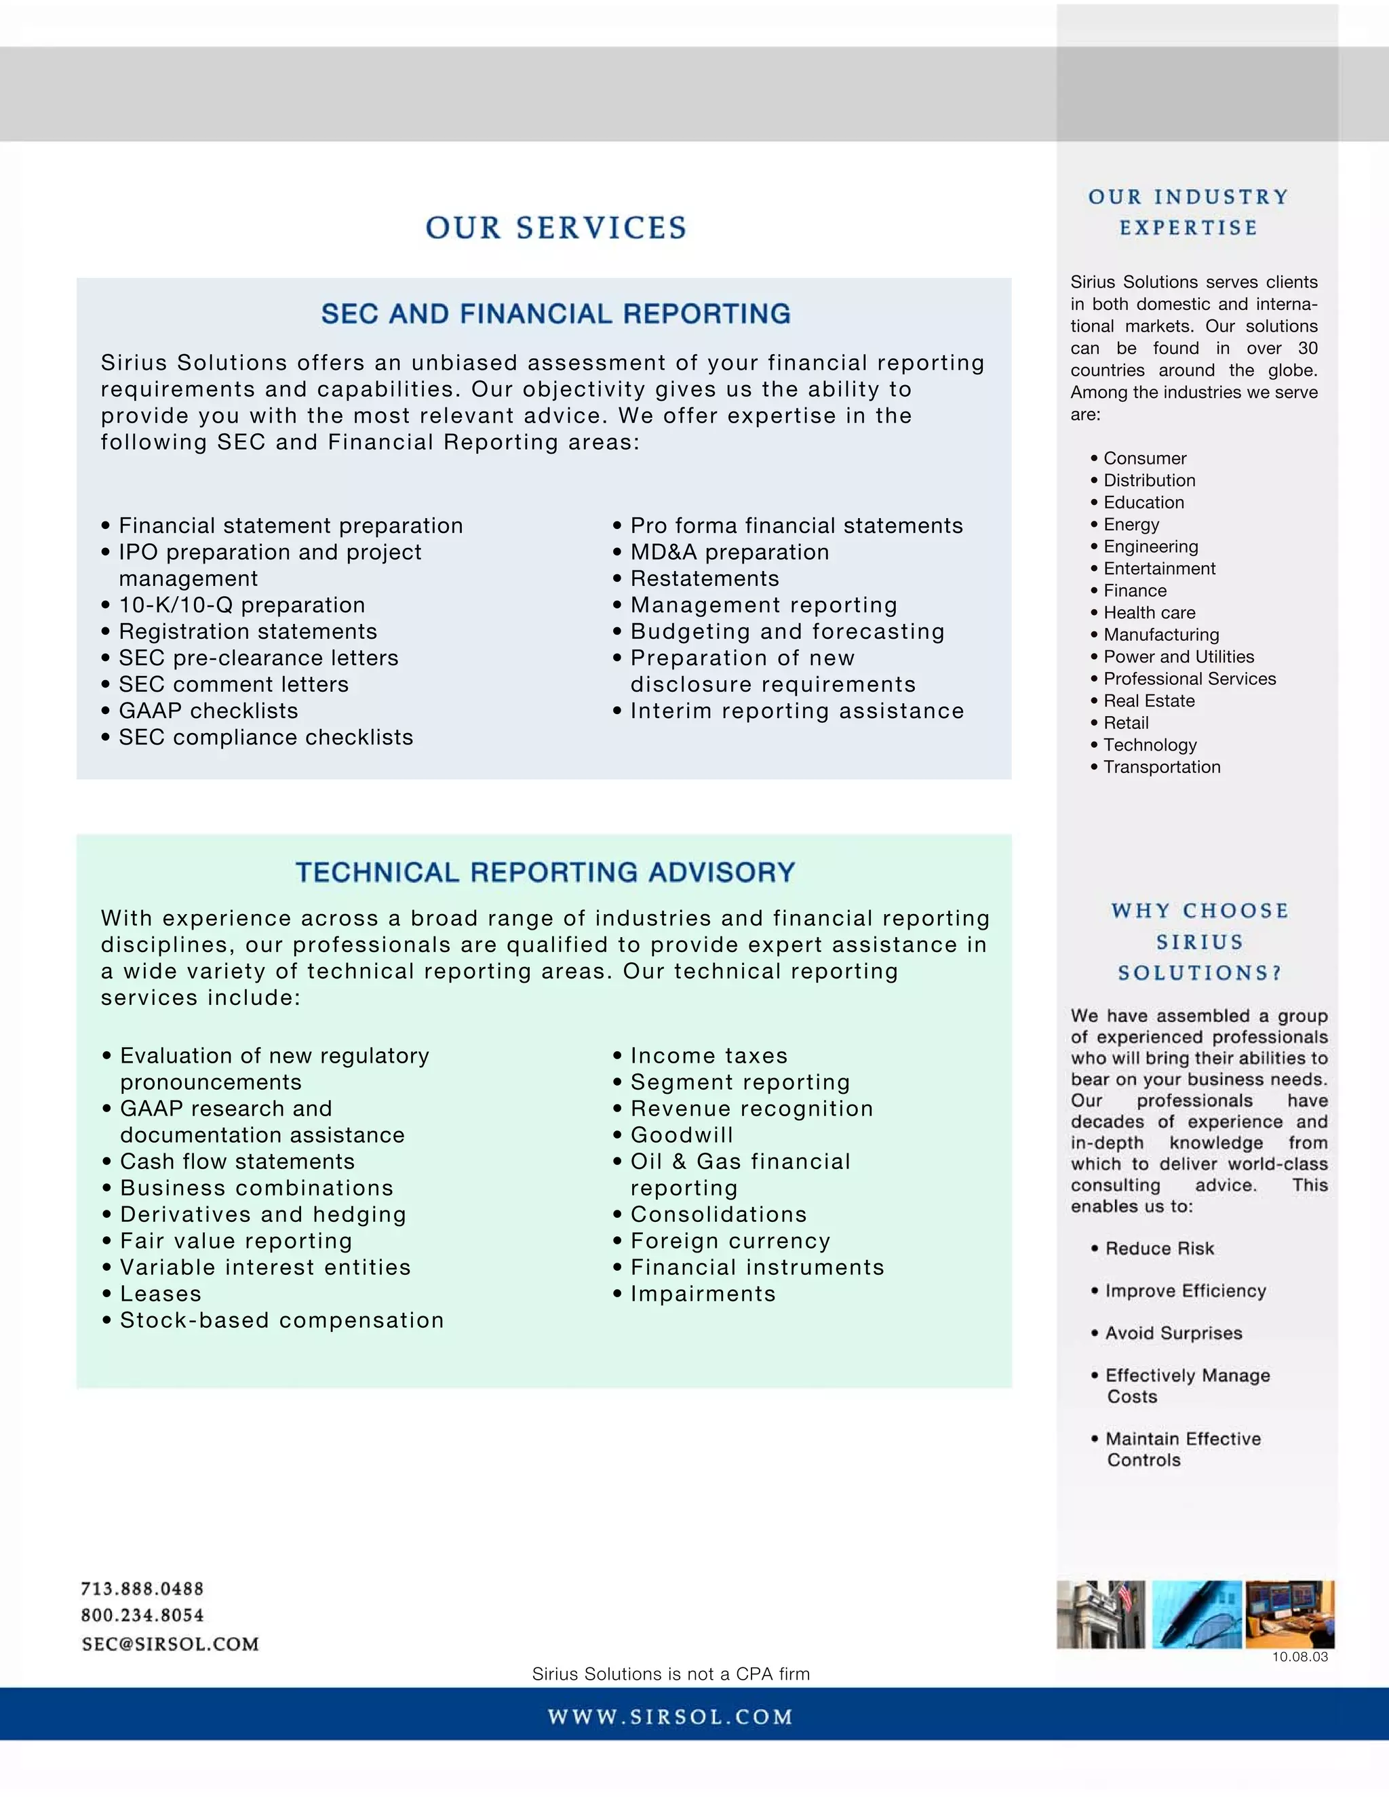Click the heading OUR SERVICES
[x=555, y=228]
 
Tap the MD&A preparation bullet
[x=729, y=552]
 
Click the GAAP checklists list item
[x=208, y=711]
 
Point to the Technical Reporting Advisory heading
[x=545, y=872]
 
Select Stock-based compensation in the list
[x=281, y=1320]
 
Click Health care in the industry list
[x=1149, y=613]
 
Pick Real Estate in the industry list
[x=1149, y=701]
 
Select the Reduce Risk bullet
[x=1158, y=1249]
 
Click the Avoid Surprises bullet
[x=1173, y=1333]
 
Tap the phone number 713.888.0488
[x=142, y=1589]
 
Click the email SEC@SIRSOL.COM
[x=170, y=1644]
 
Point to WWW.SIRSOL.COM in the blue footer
[x=670, y=1717]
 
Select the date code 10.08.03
[x=1299, y=1657]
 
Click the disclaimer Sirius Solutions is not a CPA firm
[x=671, y=1674]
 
